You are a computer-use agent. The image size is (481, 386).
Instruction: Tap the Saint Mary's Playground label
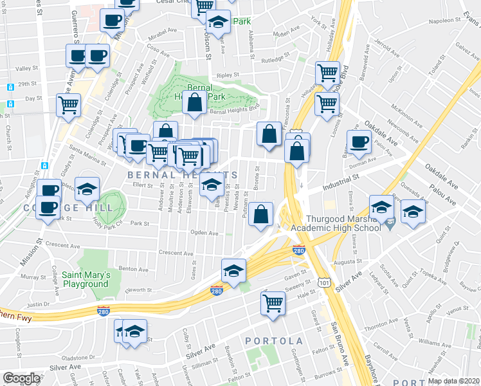tap(85, 280)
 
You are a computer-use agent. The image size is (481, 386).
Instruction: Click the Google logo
tap(21, 378)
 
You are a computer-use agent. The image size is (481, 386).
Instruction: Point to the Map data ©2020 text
tap(453, 381)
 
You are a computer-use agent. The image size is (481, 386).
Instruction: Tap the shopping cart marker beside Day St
tap(68, 104)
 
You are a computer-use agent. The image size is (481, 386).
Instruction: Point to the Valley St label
tap(28, 68)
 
